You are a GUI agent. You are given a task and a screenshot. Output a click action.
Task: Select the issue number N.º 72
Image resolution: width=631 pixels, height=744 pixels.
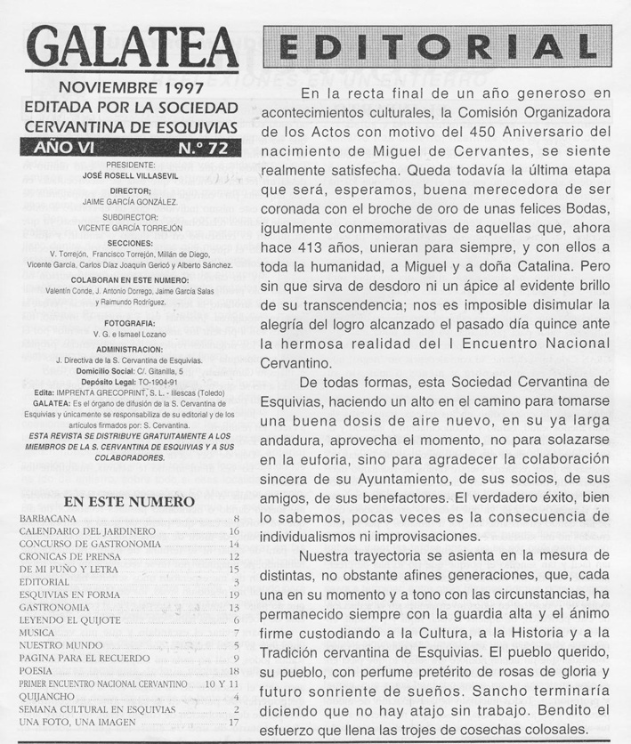(202, 147)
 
